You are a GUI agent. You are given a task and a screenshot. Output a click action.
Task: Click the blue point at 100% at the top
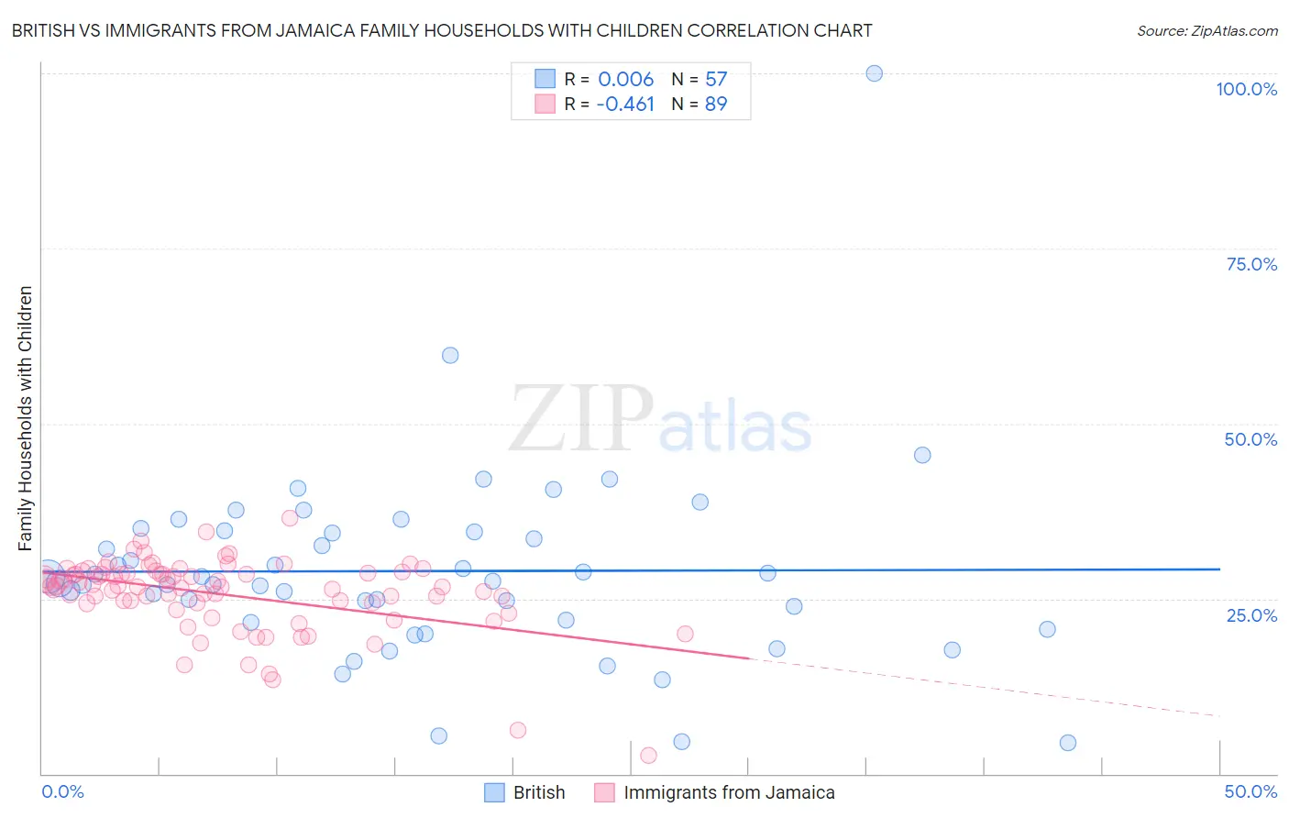(x=874, y=73)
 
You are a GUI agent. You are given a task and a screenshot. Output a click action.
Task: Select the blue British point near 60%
(x=450, y=355)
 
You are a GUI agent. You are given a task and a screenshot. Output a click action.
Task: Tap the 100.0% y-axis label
(x=1246, y=89)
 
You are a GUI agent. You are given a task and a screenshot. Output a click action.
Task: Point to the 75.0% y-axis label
(x=1251, y=264)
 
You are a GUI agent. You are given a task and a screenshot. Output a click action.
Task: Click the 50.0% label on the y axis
(x=1250, y=439)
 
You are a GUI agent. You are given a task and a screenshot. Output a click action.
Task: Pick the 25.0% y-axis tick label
(x=1251, y=615)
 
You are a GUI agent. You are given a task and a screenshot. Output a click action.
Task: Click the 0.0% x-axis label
(x=62, y=791)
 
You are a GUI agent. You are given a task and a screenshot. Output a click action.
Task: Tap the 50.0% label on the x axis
(x=1250, y=791)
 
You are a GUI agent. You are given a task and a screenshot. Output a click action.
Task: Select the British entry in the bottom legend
(x=538, y=792)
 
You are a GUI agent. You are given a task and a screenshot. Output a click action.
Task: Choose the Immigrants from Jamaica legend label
(x=729, y=792)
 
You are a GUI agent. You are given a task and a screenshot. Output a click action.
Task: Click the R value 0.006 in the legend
(x=625, y=80)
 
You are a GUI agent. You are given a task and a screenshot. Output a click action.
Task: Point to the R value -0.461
(x=625, y=105)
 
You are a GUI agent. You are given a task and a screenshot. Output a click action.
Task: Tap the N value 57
(x=716, y=80)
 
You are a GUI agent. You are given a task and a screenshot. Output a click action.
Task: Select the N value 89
(x=716, y=105)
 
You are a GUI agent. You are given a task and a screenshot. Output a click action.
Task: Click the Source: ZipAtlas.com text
(x=1206, y=30)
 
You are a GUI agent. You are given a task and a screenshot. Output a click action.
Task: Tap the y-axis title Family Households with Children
(x=26, y=418)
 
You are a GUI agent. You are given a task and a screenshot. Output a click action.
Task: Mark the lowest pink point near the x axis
(x=648, y=755)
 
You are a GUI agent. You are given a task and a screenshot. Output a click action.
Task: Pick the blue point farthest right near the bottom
(x=1067, y=743)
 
